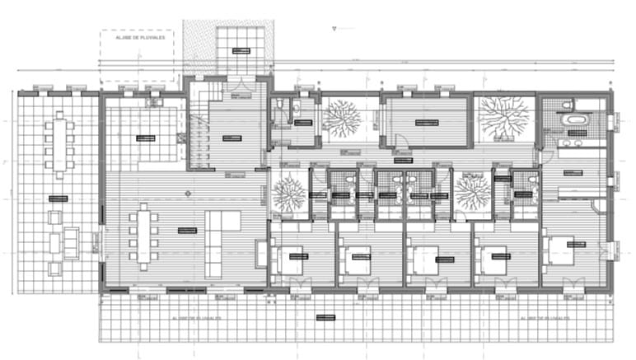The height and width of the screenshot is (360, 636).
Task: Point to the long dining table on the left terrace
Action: [60, 147]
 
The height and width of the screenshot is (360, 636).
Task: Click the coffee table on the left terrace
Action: [71, 240]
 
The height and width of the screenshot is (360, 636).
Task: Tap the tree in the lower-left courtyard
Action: [288, 194]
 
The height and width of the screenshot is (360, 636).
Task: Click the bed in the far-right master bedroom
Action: [562, 250]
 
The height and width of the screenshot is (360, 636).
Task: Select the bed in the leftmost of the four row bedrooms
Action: [292, 259]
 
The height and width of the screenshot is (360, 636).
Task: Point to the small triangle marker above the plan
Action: [333, 28]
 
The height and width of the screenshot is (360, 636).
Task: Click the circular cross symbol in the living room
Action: [188, 193]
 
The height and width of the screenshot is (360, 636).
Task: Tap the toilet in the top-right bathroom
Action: [567, 104]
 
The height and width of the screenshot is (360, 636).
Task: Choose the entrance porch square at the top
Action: [240, 49]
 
